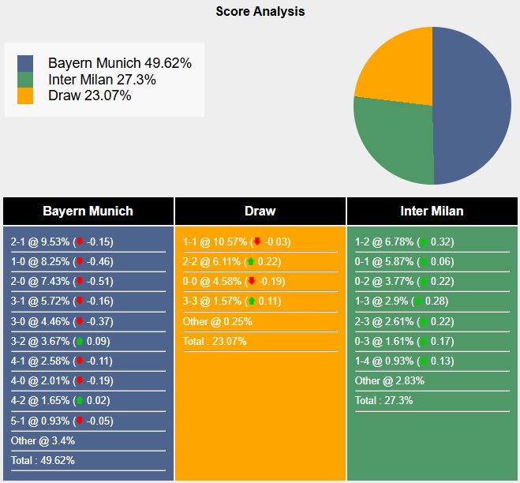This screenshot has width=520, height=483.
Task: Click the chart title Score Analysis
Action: point(260,12)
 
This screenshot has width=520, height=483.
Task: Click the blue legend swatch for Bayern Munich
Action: point(25,63)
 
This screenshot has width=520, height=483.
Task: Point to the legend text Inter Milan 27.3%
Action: point(102,80)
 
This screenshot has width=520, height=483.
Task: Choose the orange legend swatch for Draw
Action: point(25,95)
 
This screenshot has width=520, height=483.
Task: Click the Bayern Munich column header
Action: point(88,211)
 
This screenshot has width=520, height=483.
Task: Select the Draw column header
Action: point(260,211)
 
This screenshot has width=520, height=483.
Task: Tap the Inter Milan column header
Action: point(432,211)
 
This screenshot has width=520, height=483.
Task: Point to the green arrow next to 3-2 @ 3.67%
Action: point(80,341)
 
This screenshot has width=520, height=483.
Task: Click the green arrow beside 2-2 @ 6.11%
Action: point(251,262)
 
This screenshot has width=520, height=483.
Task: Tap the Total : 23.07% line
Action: point(215,341)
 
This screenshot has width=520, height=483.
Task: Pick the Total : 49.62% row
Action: point(43,460)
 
